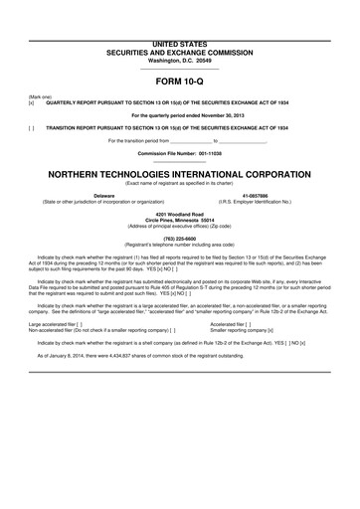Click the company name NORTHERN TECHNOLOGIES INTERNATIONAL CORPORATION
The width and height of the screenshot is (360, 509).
coord(180,171)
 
